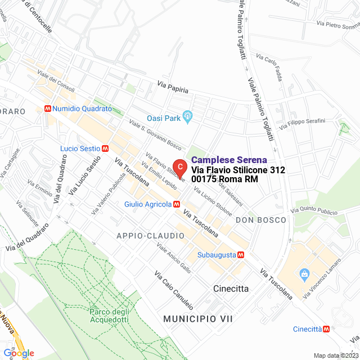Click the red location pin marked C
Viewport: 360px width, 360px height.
179,167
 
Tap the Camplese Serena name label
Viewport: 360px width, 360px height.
229,160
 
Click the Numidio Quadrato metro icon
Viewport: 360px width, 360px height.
49,109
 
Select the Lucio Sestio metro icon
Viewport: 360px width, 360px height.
105,148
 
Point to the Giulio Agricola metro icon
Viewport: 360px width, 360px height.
177,204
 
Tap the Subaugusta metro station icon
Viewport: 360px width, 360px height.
241,254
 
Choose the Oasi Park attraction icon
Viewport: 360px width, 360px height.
188,118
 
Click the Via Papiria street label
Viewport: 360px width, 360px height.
173,87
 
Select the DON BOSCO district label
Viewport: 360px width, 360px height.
261,220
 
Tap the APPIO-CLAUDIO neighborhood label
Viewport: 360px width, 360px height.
150,235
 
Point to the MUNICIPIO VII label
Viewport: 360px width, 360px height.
198,319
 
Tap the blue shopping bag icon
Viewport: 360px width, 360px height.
304,274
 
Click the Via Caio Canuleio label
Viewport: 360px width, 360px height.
174,290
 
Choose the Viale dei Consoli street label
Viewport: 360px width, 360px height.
56,82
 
